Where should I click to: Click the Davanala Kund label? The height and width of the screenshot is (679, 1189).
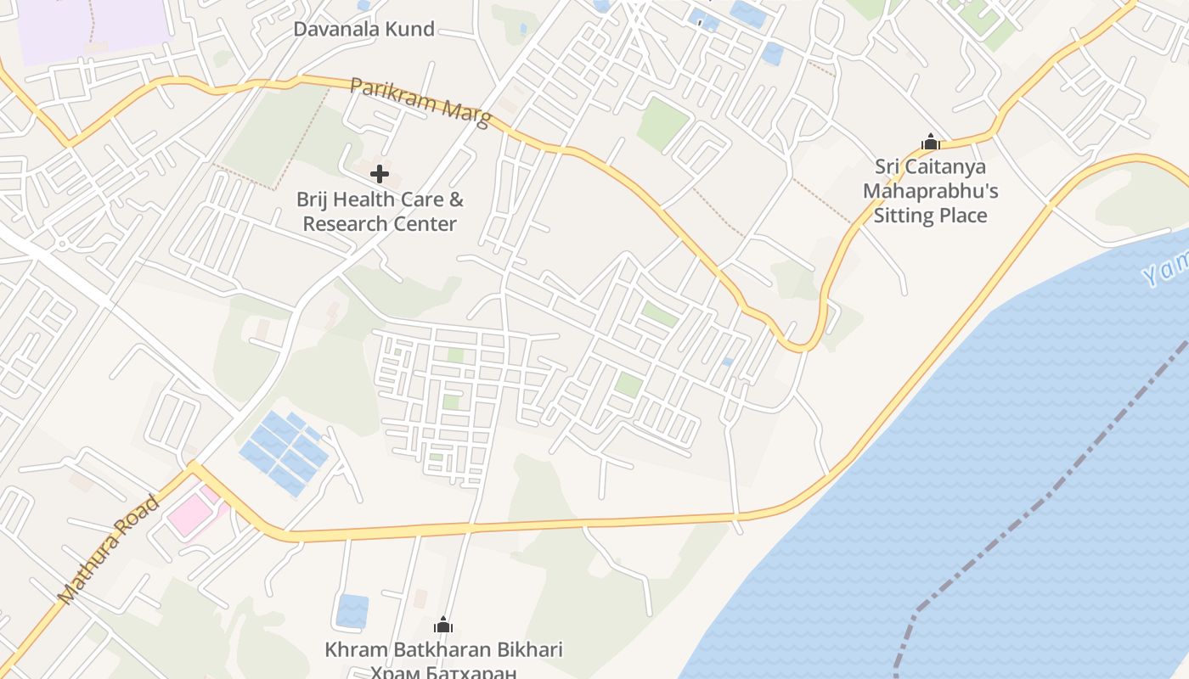[x=363, y=29]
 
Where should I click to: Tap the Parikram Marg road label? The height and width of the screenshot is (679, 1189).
[x=420, y=103]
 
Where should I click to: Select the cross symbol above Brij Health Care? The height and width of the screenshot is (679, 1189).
[x=380, y=175]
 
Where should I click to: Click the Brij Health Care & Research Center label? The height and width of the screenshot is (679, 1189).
[x=380, y=212]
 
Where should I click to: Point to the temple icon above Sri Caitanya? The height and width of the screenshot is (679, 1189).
[x=930, y=142]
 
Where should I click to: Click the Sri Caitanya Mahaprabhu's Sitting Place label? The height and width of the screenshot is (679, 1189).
[x=930, y=191]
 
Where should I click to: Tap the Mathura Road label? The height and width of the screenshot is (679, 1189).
[x=109, y=549]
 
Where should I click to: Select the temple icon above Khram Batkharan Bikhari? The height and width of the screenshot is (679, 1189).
[x=443, y=626]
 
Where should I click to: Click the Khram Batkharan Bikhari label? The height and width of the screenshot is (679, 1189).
[x=443, y=650]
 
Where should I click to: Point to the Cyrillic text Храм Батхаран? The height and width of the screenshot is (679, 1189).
[x=443, y=673]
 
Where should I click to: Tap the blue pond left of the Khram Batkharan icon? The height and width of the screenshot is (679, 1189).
[x=352, y=611]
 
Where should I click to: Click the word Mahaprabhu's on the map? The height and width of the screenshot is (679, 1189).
[x=930, y=191]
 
